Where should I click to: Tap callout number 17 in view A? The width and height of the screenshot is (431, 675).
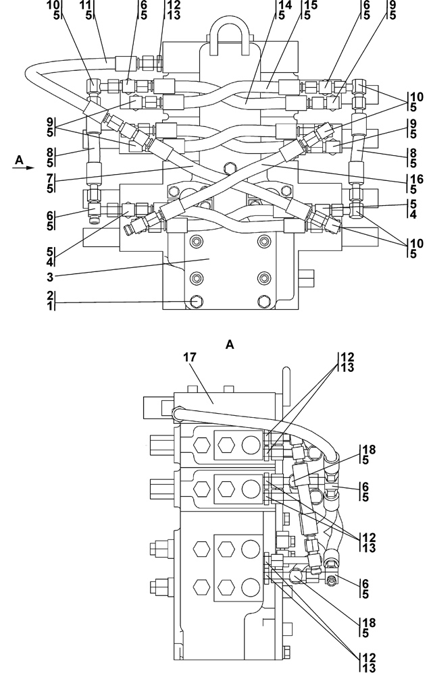click(x=190, y=357)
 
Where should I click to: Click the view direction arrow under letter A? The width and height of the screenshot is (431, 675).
click(x=23, y=168)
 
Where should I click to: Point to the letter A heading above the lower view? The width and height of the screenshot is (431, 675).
click(x=230, y=344)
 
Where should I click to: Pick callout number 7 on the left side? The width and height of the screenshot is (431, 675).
click(x=50, y=178)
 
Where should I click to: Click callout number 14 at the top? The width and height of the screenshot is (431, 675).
click(x=285, y=5)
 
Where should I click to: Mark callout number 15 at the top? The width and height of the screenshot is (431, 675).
click(x=311, y=5)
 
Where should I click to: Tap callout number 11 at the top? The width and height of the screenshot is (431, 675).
click(x=86, y=5)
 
